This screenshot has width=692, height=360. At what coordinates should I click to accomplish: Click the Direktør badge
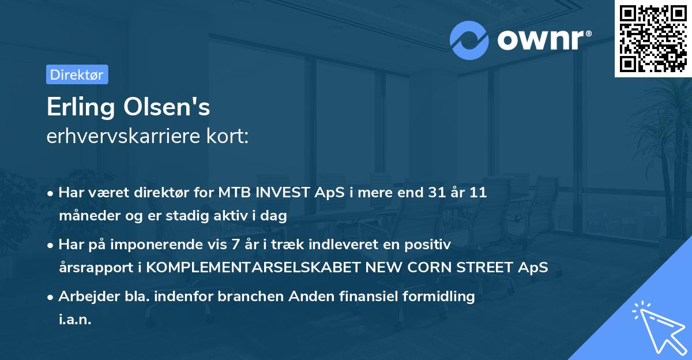click(77, 74)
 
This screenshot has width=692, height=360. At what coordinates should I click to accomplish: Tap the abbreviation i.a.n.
click(75, 320)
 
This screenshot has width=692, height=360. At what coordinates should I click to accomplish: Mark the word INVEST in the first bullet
click(283, 193)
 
